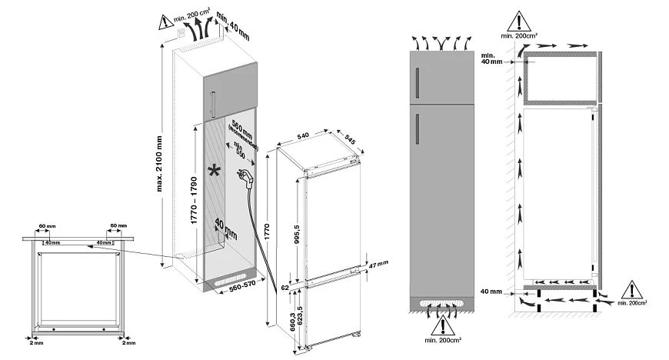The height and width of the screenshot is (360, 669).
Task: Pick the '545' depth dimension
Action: pos(351,142)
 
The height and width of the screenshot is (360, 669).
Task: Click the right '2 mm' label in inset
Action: pos(128,344)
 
